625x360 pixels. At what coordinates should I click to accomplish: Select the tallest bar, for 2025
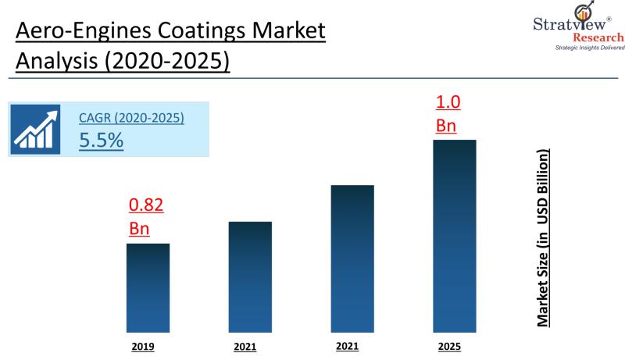pos(455,234)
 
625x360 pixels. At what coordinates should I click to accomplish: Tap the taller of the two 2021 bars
pos(352,257)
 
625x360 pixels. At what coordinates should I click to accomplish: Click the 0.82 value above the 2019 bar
pos(145,207)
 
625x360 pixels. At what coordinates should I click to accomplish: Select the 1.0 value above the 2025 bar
pos(447,102)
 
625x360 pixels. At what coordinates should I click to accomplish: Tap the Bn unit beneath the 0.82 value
pos(138,230)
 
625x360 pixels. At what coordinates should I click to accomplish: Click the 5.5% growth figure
pos(102,141)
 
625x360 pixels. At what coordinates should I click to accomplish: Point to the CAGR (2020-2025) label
pos(131,119)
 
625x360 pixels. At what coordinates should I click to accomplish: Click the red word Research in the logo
pos(598,38)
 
